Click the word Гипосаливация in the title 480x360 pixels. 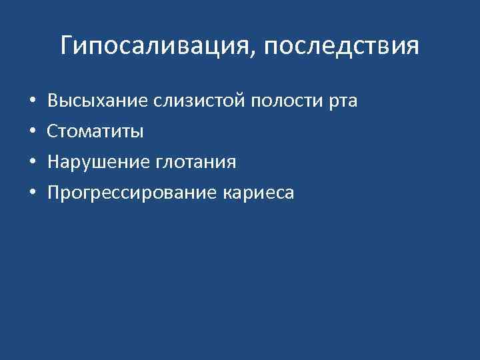pos(154,47)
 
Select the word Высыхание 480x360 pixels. pos(98,101)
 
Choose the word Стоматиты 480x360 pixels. pos(95,132)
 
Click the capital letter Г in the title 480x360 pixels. pos(67,46)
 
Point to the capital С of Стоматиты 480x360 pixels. pos(53,132)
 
